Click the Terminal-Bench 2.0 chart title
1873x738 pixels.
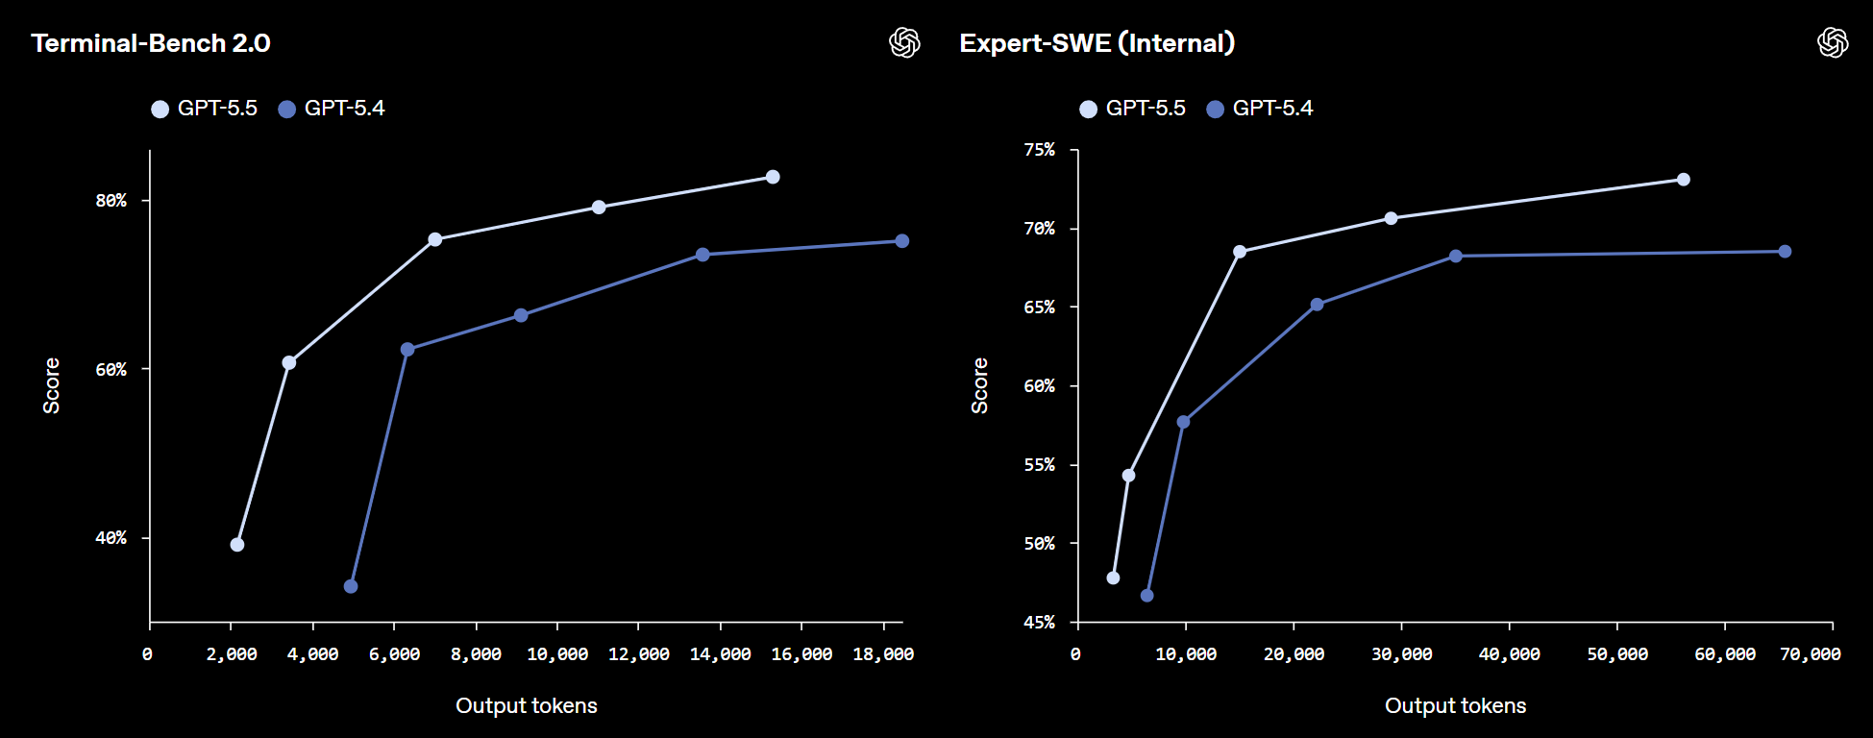151,43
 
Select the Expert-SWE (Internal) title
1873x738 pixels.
1097,43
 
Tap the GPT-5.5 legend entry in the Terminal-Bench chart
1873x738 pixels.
204,109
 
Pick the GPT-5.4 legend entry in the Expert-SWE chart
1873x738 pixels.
1260,109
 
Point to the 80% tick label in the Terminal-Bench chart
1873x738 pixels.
111,201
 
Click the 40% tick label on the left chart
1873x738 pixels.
111,538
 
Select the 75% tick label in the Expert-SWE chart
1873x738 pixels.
1040,150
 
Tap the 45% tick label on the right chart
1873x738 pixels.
1040,623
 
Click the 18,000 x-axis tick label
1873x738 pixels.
883,654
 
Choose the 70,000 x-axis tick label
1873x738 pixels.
1811,654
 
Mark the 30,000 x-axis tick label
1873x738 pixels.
1401,654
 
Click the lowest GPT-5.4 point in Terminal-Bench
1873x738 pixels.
351,586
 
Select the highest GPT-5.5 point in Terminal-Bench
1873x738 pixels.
773,177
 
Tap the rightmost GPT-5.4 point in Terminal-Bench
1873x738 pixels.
902,241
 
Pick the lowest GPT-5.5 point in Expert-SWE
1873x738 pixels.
1113,578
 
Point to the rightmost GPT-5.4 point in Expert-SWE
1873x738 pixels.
1785,252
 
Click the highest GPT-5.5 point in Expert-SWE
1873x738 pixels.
1684,180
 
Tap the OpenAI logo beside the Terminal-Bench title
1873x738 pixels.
904,42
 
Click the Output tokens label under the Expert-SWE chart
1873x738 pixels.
1455,706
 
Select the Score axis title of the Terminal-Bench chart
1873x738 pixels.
52,386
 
